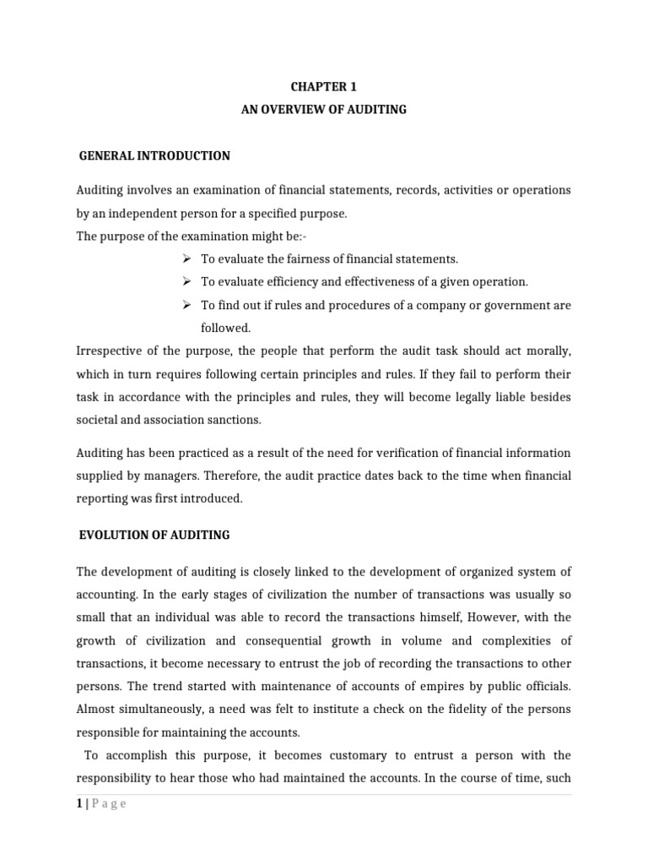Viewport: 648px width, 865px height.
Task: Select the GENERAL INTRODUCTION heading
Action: pyautogui.click(x=154, y=156)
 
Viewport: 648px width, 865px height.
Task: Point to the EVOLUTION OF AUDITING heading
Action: pyautogui.click(x=154, y=535)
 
